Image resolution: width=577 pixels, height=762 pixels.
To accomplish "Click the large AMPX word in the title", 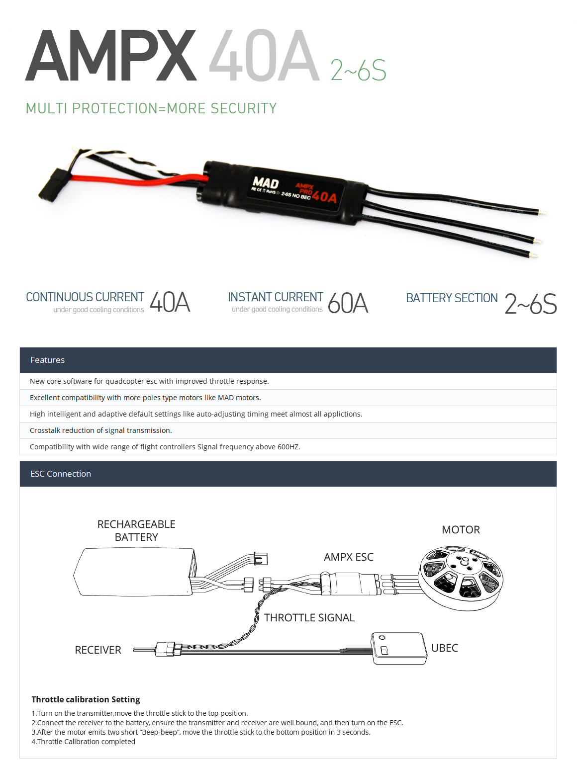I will [111, 56].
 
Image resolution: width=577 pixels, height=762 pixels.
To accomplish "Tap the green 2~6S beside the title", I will [358, 70].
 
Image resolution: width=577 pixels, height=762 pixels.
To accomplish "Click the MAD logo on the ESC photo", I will [266, 183].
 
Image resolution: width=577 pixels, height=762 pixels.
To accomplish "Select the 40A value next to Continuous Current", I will [170, 302].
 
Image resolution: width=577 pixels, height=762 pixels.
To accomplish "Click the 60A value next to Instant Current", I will [348, 303].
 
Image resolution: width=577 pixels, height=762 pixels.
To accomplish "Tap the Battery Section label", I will [452, 298].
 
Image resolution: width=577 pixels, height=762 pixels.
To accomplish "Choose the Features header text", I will [47, 360].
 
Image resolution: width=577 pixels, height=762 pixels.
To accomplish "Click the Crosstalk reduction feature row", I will [101, 430].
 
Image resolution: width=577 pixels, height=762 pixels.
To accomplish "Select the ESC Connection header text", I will [61, 474].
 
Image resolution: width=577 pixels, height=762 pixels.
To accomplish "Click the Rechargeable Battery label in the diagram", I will [136, 530].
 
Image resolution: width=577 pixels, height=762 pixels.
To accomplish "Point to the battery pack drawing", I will [134, 572].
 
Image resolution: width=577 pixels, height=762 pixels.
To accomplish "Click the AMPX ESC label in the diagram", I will [348, 557].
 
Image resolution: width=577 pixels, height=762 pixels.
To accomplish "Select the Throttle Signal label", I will [309, 617].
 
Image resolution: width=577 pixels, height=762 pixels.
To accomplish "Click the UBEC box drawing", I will [399, 648].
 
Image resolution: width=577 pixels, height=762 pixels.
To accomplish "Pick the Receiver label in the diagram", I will [98, 650].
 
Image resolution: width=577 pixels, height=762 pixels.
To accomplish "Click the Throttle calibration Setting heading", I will [86, 699].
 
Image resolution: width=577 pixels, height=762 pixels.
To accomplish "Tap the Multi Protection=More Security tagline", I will [151, 108].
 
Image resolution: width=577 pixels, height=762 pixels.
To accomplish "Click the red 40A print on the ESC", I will [325, 197].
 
